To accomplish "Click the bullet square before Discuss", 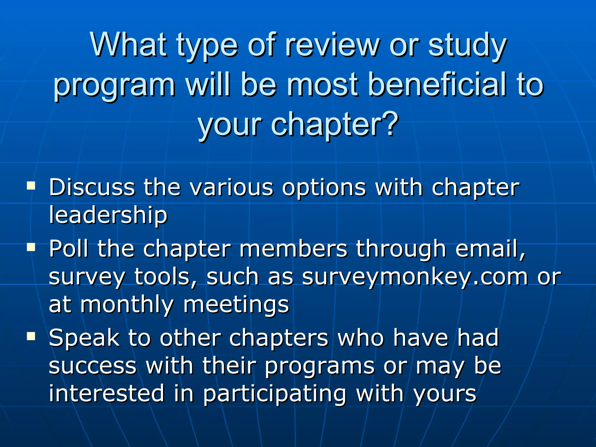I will pos(31,186).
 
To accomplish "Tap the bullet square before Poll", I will pos(31,247).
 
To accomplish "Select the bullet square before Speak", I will pos(31,336).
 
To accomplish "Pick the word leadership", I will pos(108,215).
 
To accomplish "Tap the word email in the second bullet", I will pos(490,249).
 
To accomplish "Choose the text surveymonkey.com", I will pos(415,277).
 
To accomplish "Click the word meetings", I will pos(236,305).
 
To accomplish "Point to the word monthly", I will pos(127,305).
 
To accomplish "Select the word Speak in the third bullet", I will pos(84,338).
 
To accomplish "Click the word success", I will pos(93,366).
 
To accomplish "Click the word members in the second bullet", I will pos(293,249).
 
